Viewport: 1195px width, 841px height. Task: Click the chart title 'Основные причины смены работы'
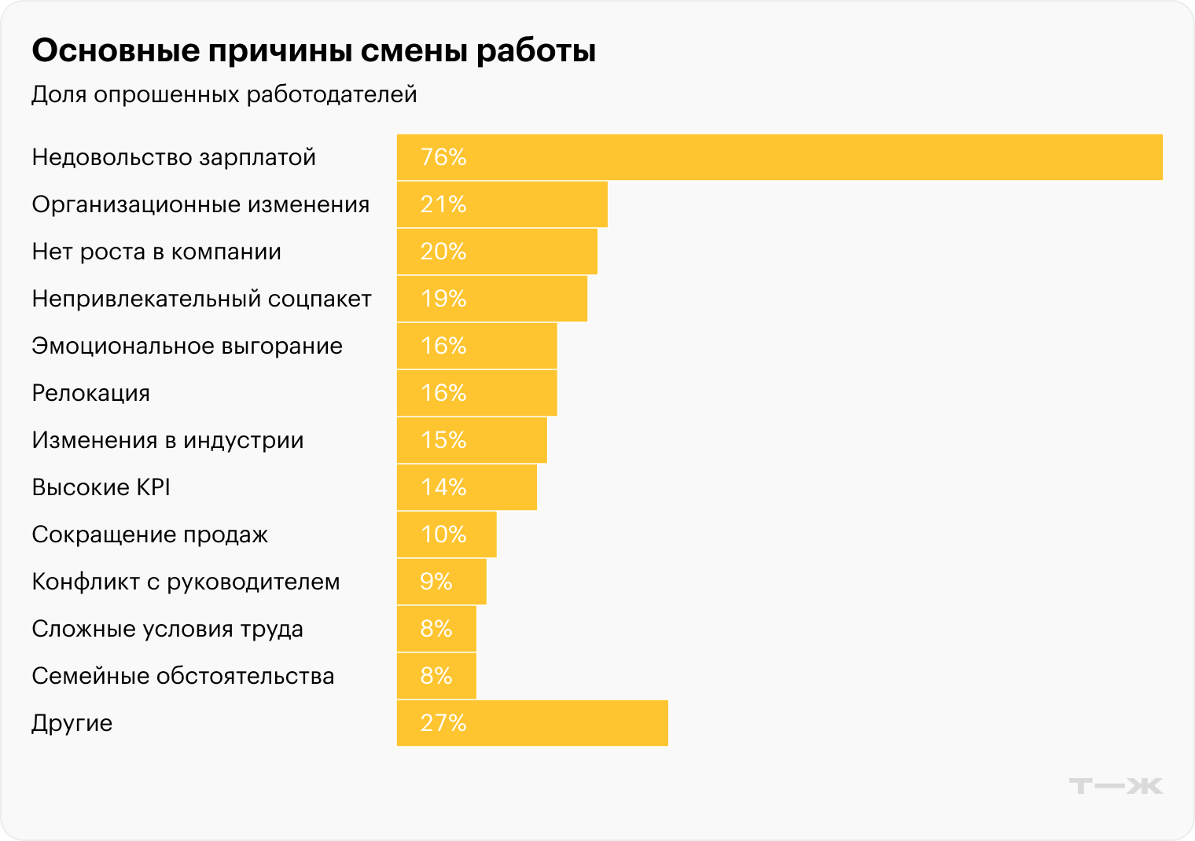(314, 51)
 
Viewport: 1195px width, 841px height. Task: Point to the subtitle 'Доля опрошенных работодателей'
(224, 94)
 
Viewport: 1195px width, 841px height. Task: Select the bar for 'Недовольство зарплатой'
(778, 157)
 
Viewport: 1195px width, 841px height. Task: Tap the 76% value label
(443, 157)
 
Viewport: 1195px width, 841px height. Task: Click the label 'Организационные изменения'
(200, 204)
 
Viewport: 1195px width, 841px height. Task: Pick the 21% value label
(443, 204)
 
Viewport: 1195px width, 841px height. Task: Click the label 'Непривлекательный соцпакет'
(201, 299)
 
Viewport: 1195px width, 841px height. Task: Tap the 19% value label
(443, 299)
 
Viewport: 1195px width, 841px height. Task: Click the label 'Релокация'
(90, 393)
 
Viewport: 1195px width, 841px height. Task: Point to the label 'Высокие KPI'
(101, 487)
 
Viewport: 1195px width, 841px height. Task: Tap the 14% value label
(443, 487)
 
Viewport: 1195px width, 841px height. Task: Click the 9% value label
(436, 582)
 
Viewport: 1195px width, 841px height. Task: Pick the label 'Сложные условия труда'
(167, 629)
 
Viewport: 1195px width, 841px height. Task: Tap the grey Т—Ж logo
(1115, 786)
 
